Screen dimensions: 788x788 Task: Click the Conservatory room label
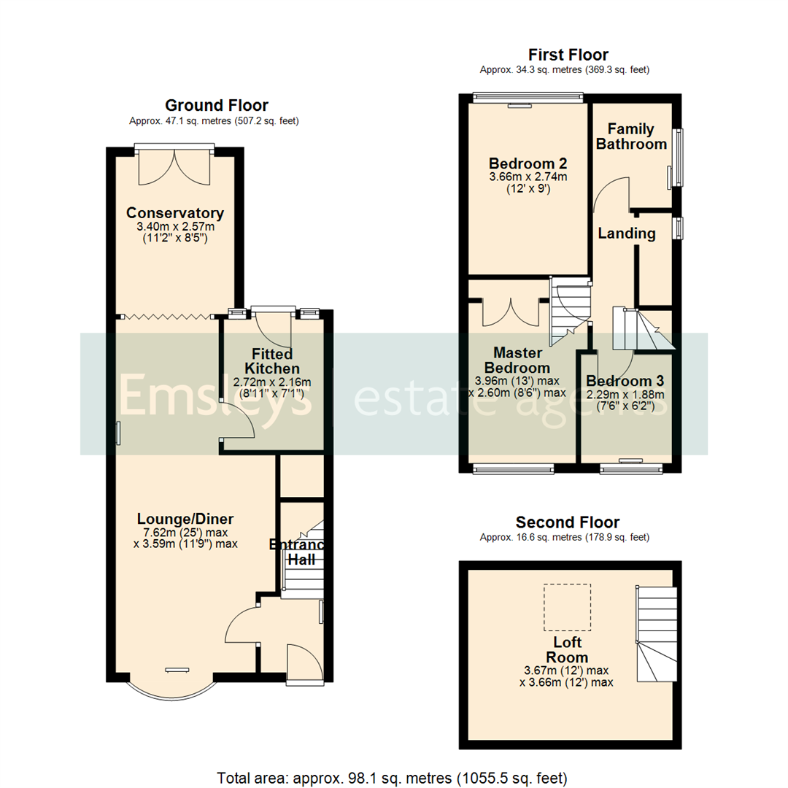[x=174, y=213]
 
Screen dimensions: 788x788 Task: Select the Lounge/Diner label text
[x=185, y=519]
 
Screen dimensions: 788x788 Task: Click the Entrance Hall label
[x=299, y=552]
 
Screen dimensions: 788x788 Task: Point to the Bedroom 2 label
[x=528, y=163]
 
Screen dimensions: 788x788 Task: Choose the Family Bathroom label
[x=631, y=136]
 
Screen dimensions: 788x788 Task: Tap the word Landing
[x=626, y=233]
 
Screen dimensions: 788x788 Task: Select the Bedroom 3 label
[x=625, y=381]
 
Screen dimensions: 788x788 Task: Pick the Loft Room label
[x=567, y=650]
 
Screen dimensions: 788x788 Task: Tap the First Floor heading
[x=568, y=55]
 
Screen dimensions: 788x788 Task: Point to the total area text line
[x=392, y=777]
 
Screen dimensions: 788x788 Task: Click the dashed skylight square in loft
[x=567, y=607]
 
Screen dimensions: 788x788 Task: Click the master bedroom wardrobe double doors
[x=510, y=312]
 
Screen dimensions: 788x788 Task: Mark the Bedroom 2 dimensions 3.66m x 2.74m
[x=528, y=177]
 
